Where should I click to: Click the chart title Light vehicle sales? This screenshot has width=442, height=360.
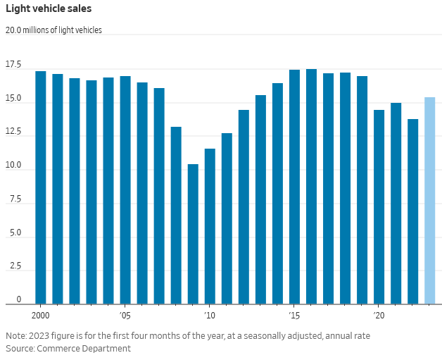pos(49,9)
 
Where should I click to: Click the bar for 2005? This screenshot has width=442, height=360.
pos(125,190)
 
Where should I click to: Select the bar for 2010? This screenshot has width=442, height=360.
pos(210,226)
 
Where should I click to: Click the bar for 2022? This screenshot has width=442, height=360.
pos(412,211)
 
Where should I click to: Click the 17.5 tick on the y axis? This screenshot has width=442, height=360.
pos(13,65)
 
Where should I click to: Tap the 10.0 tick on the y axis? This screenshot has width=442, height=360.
pos(13,166)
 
